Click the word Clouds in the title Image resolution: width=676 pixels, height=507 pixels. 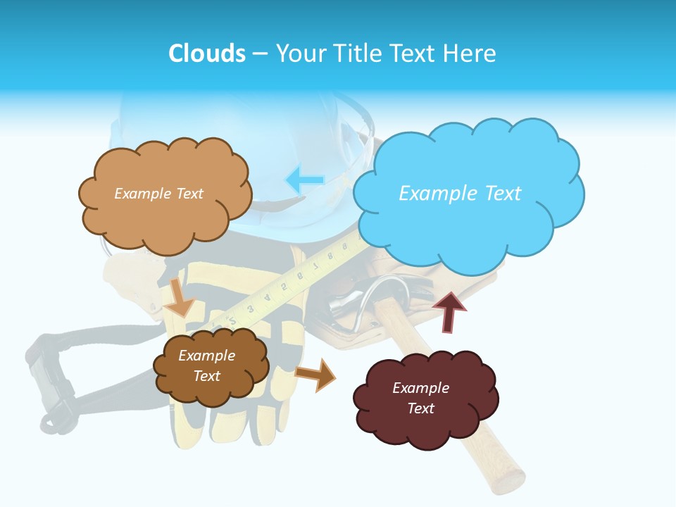[207, 54]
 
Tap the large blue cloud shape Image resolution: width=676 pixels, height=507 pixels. [468, 211]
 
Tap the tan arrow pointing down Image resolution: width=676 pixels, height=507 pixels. [180, 299]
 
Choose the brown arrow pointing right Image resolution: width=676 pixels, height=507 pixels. [315, 374]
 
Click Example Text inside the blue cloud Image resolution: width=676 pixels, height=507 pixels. [460, 193]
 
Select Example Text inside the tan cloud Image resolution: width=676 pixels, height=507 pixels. [158, 193]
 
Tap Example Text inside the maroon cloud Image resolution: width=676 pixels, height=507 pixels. [420, 398]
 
